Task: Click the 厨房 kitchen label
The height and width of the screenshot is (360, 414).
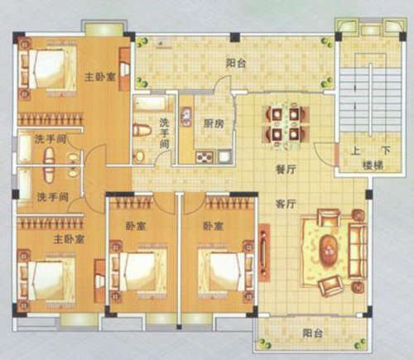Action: click(x=214, y=124)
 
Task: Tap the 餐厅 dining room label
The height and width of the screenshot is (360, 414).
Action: click(x=286, y=169)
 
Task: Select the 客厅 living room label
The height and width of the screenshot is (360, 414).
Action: click(x=286, y=204)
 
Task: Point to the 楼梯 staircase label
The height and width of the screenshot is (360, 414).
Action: click(x=373, y=166)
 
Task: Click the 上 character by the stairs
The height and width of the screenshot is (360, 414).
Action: click(x=355, y=151)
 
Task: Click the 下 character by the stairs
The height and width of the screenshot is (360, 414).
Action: click(x=386, y=151)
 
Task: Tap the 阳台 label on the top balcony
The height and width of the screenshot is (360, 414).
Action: click(x=236, y=63)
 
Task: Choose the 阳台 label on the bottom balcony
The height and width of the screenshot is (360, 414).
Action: click(x=312, y=333)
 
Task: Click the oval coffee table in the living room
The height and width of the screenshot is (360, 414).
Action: click(x=329, y=248)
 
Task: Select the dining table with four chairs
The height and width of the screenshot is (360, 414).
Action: click(x=286, y=123)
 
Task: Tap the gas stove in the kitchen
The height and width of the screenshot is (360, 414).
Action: click(x=205, y=157)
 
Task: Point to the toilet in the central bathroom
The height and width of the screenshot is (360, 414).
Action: click(x=142, y=130)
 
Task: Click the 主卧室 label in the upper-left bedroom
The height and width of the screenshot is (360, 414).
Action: click(x=100, y=76)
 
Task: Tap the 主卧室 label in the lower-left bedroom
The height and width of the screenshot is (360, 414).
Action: click(x=69, y=239)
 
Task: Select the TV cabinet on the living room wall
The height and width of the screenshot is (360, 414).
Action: click(x=264, y=252)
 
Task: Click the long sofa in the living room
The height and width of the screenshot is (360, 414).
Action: click(x=358, y=252)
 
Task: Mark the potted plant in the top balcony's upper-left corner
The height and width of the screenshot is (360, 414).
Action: click(x=142, y=42)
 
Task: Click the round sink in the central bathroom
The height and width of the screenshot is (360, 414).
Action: click(x=139, y=156)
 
